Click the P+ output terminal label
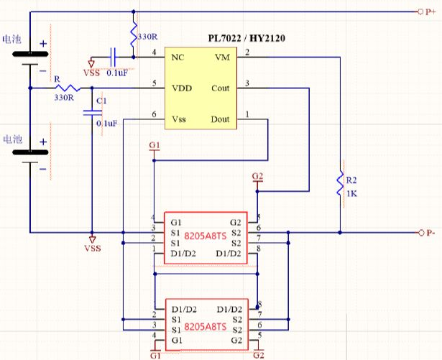(431, 11)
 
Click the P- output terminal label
(431, 233)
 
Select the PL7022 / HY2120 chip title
(247, 38)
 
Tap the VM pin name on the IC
(222, 57)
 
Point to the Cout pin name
(221, 88)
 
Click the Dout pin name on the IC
(220, 119)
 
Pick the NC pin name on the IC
(178, 57)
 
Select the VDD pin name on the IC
(182, 88)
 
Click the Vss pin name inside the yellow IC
(179, 119)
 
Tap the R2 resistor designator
(351, 180)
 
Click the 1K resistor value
(351, 194)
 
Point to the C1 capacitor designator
(101, 101)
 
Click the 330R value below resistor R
(64, 98)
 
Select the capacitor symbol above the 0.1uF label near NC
(113, 57)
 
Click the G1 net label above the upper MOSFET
(155, 145)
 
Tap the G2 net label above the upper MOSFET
(257, 176)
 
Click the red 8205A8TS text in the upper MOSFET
(206, 236)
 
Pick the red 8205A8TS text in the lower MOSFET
(206, 327)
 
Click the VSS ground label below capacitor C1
(93, 249)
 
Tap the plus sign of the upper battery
(43, 44)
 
